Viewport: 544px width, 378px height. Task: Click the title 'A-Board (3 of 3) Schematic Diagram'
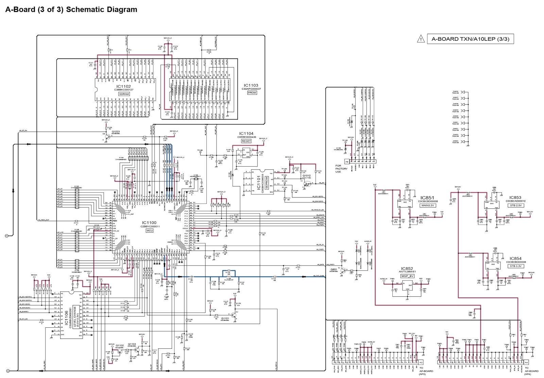(71, 10)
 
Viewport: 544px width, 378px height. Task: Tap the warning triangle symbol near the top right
(421, 39)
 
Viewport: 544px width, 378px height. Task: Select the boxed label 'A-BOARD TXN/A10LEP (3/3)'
(470, 39)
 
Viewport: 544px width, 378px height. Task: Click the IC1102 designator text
(123, 87)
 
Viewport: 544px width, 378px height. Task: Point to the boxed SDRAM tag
(124, 94)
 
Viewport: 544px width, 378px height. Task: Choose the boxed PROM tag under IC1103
(252, 93)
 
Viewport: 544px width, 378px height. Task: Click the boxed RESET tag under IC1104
(246, 141)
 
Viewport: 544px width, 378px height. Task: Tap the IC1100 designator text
(149, 223)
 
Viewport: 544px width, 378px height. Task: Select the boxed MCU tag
(149, 230)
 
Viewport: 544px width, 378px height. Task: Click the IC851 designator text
(427, 198)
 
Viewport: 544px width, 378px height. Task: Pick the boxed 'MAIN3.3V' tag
(427, 205)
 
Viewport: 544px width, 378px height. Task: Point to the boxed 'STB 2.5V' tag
(516, 205)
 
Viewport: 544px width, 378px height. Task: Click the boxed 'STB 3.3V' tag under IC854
(515, 266)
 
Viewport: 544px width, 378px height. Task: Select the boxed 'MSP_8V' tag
(407, 276)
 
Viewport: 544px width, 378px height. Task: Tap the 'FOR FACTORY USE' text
(341, 169)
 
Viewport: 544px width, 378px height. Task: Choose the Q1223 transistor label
(116, 132)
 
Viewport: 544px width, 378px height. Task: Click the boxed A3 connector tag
(421, 362)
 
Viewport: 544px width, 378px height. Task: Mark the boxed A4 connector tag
(526, 362)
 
